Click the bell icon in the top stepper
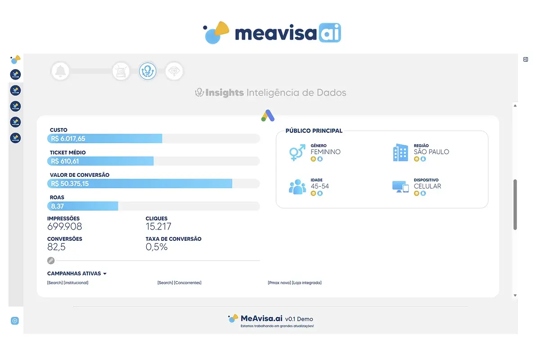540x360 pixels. tap(60, 71)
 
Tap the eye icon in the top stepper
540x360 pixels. tap(174, 71)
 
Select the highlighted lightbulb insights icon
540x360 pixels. tap(148, 71)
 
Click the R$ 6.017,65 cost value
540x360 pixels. tap(68, 139)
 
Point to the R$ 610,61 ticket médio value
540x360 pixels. tap(65, 161)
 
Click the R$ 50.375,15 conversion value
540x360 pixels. tap(70, 184)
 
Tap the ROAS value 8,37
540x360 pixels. tap(57, 206)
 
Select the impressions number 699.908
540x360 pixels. tap(65, 226)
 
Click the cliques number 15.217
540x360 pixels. tap(158, 226)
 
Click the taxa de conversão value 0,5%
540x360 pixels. tap(157, 247)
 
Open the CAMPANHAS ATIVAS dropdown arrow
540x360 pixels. tap(105, 274)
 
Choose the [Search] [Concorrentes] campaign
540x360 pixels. tap(179, 283)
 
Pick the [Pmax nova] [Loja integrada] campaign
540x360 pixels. tap(294, 283)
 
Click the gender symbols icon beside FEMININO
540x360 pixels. tap(297, 153)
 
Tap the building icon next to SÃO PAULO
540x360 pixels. tap(400, 153)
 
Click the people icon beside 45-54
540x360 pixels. tap(297, 187)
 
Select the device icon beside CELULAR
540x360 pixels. tap(400, 187)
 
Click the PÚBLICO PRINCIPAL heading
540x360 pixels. tap(314, 131)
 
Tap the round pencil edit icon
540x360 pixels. tap(51, 261)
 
